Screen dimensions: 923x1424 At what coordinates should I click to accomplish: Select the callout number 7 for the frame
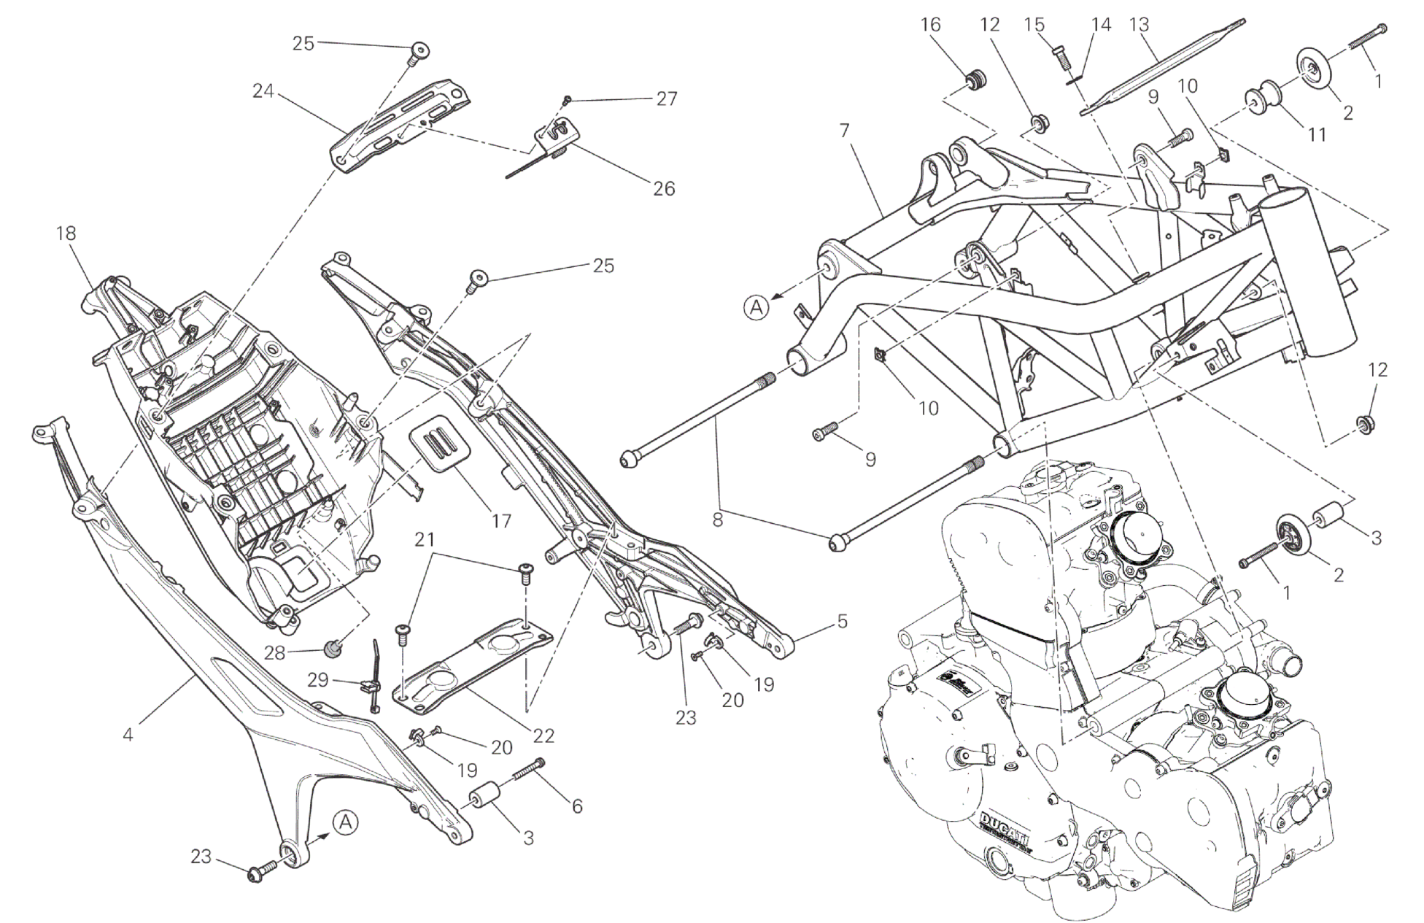tap(844, 131)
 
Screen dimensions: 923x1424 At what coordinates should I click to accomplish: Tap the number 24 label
tap(263, 91)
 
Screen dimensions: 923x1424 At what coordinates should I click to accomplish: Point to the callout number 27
tap(667, 99)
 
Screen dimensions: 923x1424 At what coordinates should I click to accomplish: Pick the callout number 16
tap(930, 24)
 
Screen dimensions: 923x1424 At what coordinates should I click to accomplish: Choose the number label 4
tap(128, 734)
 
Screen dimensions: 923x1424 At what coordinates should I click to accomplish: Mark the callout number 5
tap(843, 622)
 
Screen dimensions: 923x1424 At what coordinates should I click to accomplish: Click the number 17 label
tap(501, 521)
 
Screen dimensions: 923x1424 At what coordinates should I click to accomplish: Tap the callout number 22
tap(544, 735)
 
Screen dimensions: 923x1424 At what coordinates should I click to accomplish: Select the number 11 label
tap(1317, 134)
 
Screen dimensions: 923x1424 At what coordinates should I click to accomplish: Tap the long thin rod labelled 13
tap(1160, 64)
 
